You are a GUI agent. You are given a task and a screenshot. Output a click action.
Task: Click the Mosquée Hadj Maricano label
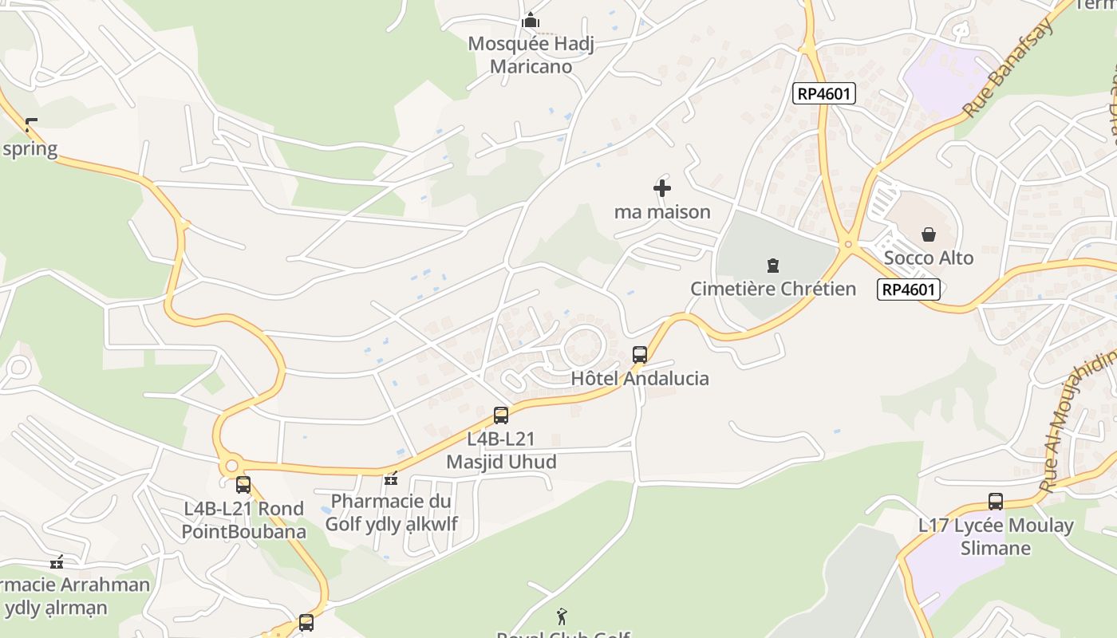531,54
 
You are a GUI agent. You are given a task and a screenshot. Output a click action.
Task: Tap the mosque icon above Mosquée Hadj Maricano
531,21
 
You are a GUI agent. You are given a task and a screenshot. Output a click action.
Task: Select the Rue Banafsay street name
1008,69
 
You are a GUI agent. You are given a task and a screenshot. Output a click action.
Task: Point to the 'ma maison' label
662,211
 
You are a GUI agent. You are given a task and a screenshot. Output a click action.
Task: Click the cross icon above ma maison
662,188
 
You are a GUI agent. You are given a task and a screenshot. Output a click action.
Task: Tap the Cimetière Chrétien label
772,289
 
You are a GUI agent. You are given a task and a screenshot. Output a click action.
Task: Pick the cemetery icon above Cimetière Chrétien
772,265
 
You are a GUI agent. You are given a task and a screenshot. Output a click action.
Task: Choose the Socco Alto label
929,258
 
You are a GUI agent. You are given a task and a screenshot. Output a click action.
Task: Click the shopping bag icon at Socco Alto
929,234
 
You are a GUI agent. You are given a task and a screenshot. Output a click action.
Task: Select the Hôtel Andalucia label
640,378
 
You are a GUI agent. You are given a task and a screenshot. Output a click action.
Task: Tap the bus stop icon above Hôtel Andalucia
640,355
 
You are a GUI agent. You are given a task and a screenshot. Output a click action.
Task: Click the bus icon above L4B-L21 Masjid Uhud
501,415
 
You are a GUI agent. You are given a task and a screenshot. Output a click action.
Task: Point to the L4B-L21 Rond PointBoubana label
243,519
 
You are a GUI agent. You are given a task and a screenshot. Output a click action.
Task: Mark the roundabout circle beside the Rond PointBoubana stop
231,465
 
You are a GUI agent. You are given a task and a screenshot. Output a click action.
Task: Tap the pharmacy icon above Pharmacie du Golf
391,478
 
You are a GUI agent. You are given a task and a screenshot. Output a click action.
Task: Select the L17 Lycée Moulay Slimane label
996,536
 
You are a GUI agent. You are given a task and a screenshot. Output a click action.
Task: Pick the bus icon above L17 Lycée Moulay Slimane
996,502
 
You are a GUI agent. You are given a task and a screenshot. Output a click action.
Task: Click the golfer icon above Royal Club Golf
562,616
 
